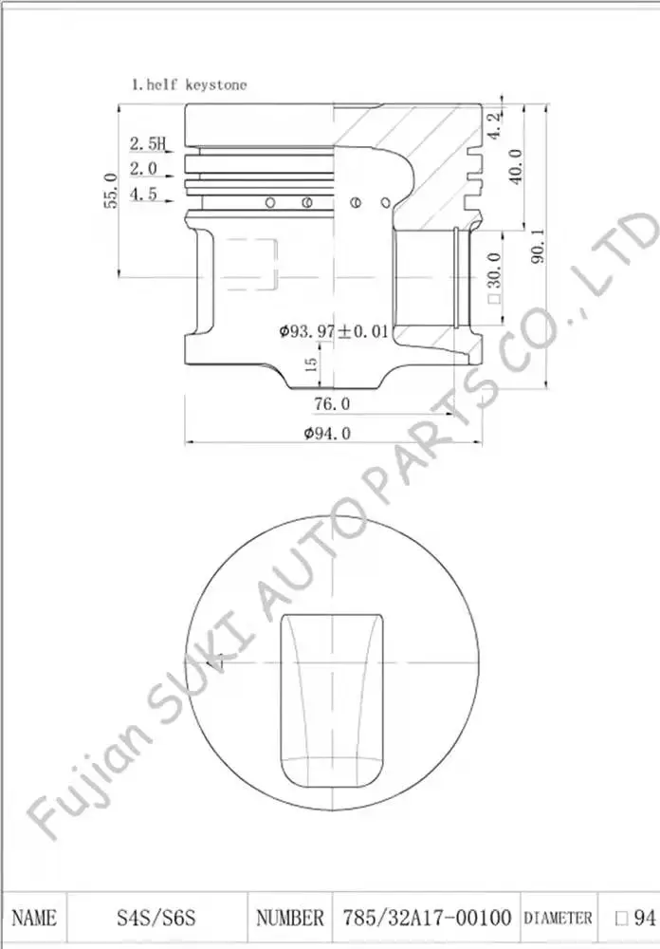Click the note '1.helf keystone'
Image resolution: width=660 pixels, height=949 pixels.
pyautogui.click(x=190, y=84)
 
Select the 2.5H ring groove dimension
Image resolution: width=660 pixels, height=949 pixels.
pyautogui.click(x=147, y=143)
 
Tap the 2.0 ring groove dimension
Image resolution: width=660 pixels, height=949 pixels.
pyautogui.click(x=143, y=168)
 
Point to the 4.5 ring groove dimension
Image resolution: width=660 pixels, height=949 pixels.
pyautogui.click(x=143, y=194)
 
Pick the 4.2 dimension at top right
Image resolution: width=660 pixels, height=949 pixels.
pyautogui.click(x=494, y=125)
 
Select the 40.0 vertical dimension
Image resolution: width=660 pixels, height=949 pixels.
pyautogui.click(x=515, y=166)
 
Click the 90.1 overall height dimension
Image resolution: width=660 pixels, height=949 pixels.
pyautogui.click(x=537, y=245)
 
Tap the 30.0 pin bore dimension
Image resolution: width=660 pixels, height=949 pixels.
pyautogui.click(x=494, y=277)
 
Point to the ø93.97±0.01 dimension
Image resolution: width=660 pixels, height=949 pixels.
pyautogui.click(x=334, y=331)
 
